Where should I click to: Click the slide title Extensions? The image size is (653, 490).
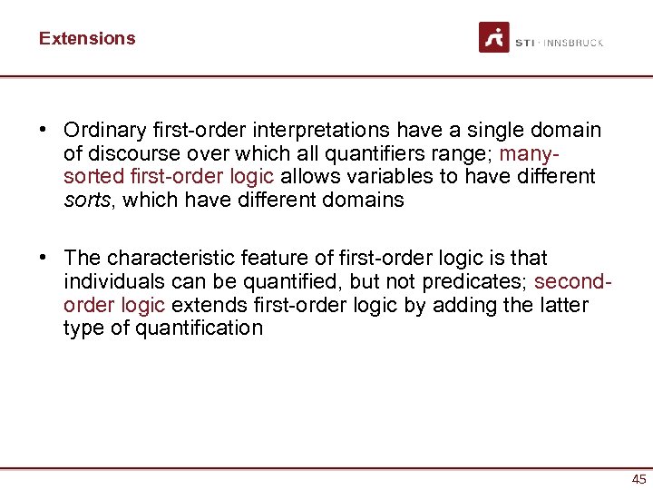coord(87,38)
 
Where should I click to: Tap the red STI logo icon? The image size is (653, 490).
coord(494,38)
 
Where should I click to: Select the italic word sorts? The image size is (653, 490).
coord(86,200)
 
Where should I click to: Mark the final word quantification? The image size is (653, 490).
coord(200,328)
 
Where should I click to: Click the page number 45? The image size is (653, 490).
coord(638,479)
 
